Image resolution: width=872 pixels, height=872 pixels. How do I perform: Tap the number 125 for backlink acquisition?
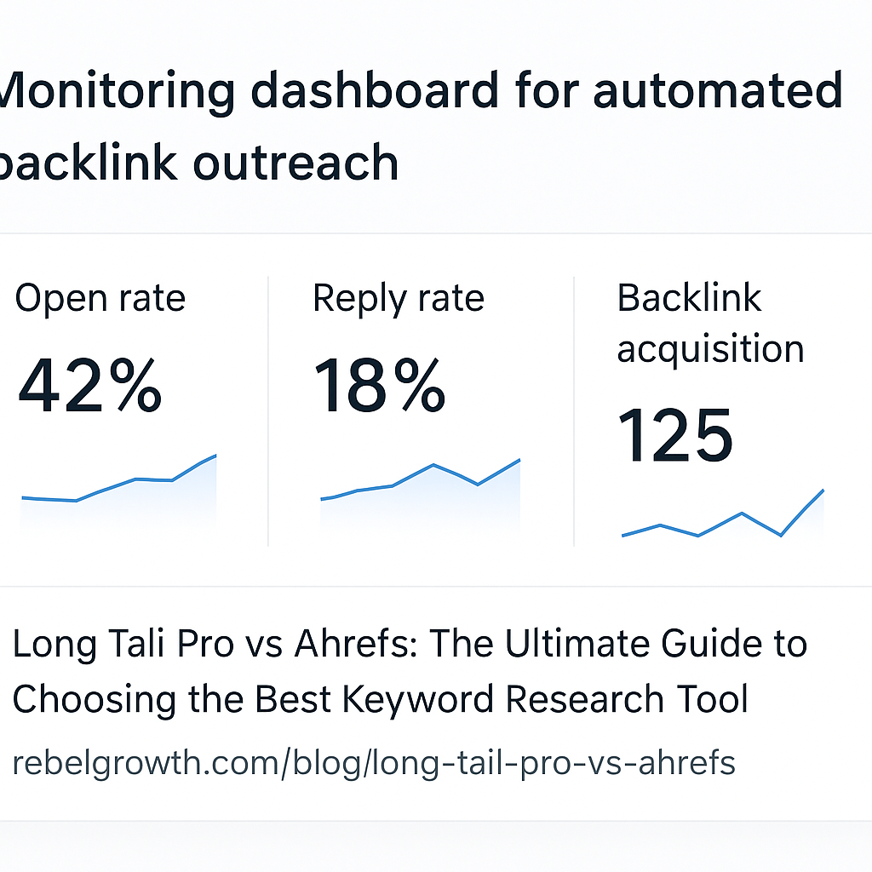674,436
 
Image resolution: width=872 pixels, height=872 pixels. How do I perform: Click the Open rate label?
100,299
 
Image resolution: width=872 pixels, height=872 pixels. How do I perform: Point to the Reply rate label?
398,299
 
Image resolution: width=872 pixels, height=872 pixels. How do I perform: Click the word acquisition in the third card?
710,348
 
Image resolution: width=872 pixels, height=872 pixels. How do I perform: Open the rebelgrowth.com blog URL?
374,762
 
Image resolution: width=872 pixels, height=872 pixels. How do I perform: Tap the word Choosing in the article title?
83,699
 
